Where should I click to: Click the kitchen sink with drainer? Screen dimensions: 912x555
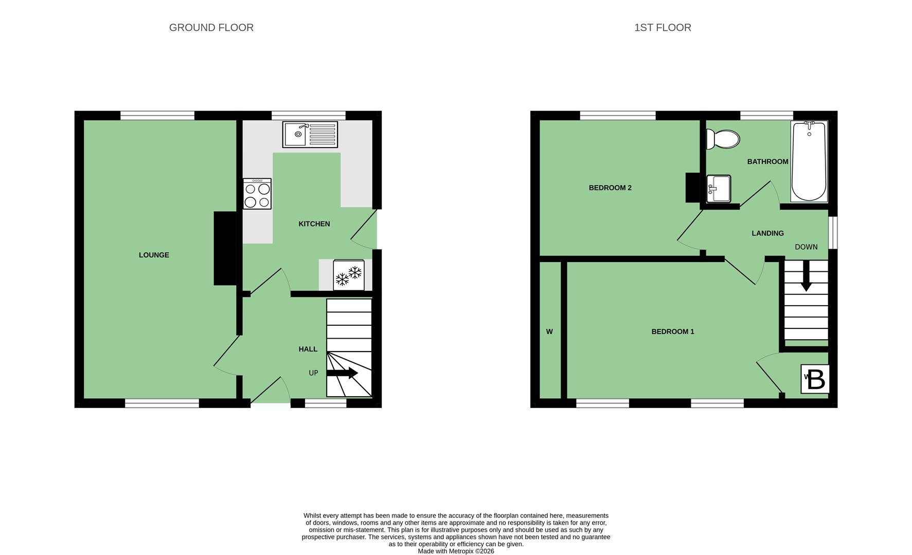310,134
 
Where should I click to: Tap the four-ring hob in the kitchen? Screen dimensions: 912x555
257,194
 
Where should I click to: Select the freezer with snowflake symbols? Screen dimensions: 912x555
349,275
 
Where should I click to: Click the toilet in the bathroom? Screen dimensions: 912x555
723,139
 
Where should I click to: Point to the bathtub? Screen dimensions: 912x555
809,161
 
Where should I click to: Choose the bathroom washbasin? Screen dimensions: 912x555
719,189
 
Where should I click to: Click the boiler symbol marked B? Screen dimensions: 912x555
815,379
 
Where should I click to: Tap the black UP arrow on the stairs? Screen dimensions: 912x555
342,373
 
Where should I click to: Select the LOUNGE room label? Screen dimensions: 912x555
154,255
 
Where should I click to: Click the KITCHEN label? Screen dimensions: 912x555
314,224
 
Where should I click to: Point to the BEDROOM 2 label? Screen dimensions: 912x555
610,188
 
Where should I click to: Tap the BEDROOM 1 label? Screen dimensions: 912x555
673,331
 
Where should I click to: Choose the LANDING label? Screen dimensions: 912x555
767,233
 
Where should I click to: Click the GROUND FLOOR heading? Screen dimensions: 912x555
211,28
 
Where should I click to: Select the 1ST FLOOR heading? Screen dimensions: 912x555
663,28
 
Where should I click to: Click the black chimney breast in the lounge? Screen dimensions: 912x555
225,248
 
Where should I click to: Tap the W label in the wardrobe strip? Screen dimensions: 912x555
549,332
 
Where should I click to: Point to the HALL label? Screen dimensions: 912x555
308,349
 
